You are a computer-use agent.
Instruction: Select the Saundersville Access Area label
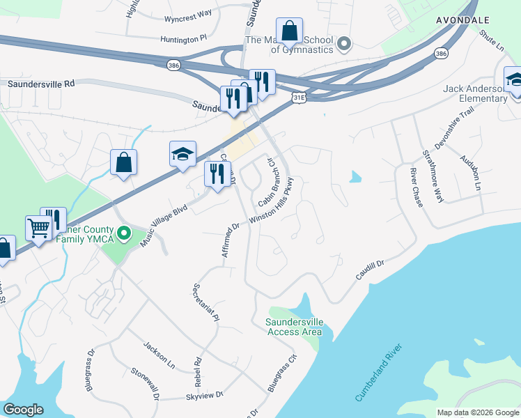294,327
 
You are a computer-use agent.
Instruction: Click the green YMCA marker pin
125,233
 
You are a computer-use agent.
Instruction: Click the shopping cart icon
38,226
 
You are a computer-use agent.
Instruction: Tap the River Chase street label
417,183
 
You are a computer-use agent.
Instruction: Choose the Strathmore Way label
433,177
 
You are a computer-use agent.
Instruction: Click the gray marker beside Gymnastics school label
343,45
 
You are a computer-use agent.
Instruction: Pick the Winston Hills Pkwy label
275,200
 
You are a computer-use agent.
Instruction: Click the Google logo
24,410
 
